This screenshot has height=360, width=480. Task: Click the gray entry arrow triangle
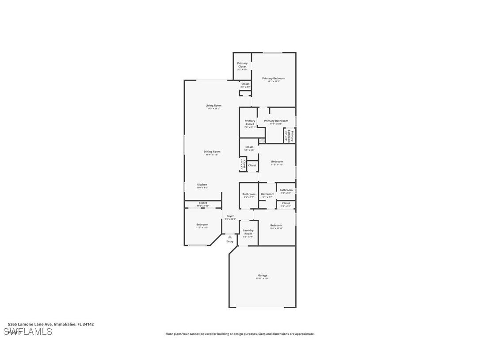[230, 237]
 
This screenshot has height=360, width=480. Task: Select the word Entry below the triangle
[230, 241]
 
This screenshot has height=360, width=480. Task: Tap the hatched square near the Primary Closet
[262, 141]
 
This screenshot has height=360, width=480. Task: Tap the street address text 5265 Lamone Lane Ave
[51, 324]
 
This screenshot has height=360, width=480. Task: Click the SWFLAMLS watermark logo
[28, 332]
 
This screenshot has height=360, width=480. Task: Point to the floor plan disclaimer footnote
[240, 334]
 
